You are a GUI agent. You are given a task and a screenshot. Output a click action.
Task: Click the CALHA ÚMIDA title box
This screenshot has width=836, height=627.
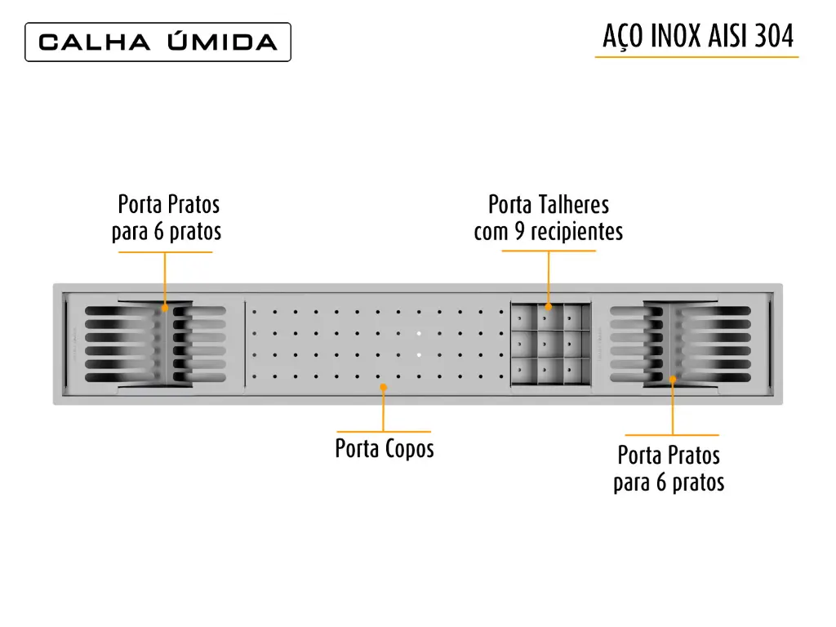tap(158, 42)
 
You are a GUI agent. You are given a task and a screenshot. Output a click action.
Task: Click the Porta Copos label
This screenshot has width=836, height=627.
tap(385, 448)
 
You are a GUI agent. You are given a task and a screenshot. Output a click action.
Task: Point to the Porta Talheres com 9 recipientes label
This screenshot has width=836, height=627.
tap(549, 218)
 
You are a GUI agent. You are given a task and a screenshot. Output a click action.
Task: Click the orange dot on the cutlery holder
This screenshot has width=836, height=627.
tap(548, 307)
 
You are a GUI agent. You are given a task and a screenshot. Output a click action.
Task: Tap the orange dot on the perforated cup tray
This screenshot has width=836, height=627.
tap(384, 387)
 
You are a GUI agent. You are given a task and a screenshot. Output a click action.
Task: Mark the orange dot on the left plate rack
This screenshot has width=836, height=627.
tap(165, 308)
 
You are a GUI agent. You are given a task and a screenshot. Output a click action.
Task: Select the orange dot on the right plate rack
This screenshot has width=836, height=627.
tap(673, 379)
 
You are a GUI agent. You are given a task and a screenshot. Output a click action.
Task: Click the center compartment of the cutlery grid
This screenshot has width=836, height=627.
tap(550, 344)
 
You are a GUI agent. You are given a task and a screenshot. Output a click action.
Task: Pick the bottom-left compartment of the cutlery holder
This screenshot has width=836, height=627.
tap(524, 371)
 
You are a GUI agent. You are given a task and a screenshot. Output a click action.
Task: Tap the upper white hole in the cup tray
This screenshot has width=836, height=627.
tap(419, 334)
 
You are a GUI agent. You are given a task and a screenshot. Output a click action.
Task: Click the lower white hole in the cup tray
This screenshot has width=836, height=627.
tap(419, 354)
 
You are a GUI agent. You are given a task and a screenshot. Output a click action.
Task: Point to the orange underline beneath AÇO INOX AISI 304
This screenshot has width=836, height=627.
tap(697, 56)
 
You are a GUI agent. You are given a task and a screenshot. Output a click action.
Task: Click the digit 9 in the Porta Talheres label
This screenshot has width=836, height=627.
tap(519, 232)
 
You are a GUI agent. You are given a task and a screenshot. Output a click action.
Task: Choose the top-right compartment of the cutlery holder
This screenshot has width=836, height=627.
tap(577, 318)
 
